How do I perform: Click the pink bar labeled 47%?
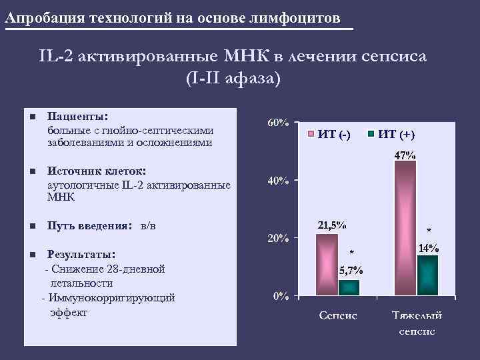[405, 227]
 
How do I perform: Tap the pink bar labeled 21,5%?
[327, 264]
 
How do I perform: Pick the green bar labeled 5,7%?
[349, 287]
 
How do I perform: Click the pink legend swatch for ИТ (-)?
[311, 134]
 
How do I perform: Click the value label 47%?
[405, 155]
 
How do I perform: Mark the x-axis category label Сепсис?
[337, 315]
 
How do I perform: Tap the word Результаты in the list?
[80, 255]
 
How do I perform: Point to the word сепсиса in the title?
[397, 56]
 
